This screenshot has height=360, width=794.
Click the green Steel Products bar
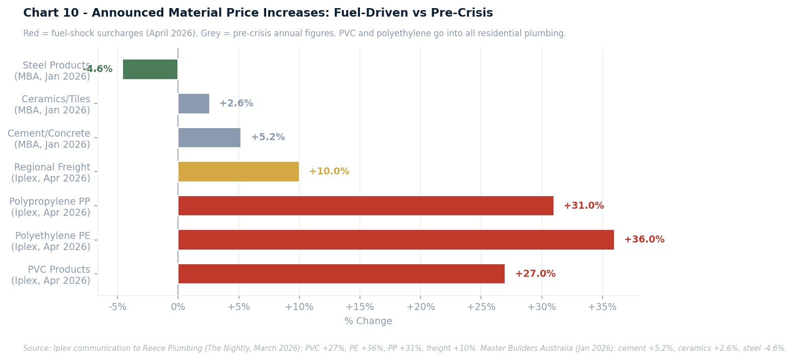click(x=150, y=69)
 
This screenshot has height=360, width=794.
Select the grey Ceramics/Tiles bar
click(x=194, y=103)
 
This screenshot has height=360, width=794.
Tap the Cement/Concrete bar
click(x=209, y=138)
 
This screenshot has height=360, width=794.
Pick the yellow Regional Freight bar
click(x=238, y=171)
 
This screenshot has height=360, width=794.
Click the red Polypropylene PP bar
click(x=365, y=206)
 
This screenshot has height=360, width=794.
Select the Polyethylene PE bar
click(x=396, y=239)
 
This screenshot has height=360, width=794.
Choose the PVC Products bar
click(x=341, y=274)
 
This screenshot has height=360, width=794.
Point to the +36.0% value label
click(x=644, y=239)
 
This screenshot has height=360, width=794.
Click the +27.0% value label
click(x=535, y=274)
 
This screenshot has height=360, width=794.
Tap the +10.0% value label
click(x=329, y=171)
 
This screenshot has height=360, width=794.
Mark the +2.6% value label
click(x=236, y=103)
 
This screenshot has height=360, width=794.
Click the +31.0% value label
click(x=583, y=206)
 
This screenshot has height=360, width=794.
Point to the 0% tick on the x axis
click(x=178, y=307)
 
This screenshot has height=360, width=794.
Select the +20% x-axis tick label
click(x=420, y=307)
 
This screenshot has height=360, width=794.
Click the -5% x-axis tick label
click(x=117, y=307)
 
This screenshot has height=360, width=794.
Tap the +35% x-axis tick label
click(x=602, y=307)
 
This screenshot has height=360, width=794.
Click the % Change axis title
click(x=368, y=321)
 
